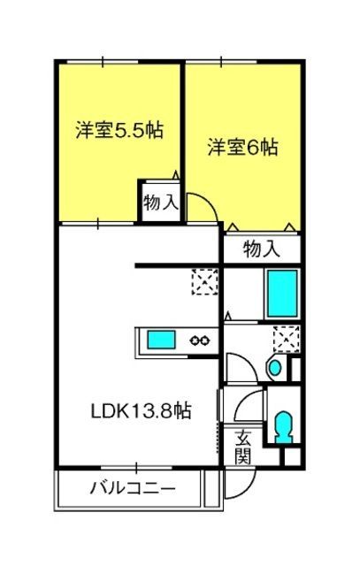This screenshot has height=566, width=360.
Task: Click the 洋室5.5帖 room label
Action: (119, 130)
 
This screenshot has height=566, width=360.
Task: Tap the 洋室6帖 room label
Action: (242, 148)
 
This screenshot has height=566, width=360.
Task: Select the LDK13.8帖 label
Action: (141, 410)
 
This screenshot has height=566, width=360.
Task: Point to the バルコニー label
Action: (133, 489)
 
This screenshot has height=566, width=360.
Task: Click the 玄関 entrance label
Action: (242, 447)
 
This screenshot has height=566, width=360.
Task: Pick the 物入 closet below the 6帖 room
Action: (262, 249)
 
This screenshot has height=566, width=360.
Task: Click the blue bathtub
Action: (282, 293)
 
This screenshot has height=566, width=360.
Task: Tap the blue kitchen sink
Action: (161, 340)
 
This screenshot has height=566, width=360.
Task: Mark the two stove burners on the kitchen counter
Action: (200, 340)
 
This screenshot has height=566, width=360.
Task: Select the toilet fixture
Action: (283, 427)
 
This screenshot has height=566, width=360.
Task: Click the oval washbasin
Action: (275, 368)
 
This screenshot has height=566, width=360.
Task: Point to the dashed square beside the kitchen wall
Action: (204, 281)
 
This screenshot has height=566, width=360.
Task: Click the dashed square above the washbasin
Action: (287, 339)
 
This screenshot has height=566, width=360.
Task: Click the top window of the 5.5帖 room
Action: (103, 62)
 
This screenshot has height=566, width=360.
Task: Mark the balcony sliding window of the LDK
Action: (136, 468)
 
